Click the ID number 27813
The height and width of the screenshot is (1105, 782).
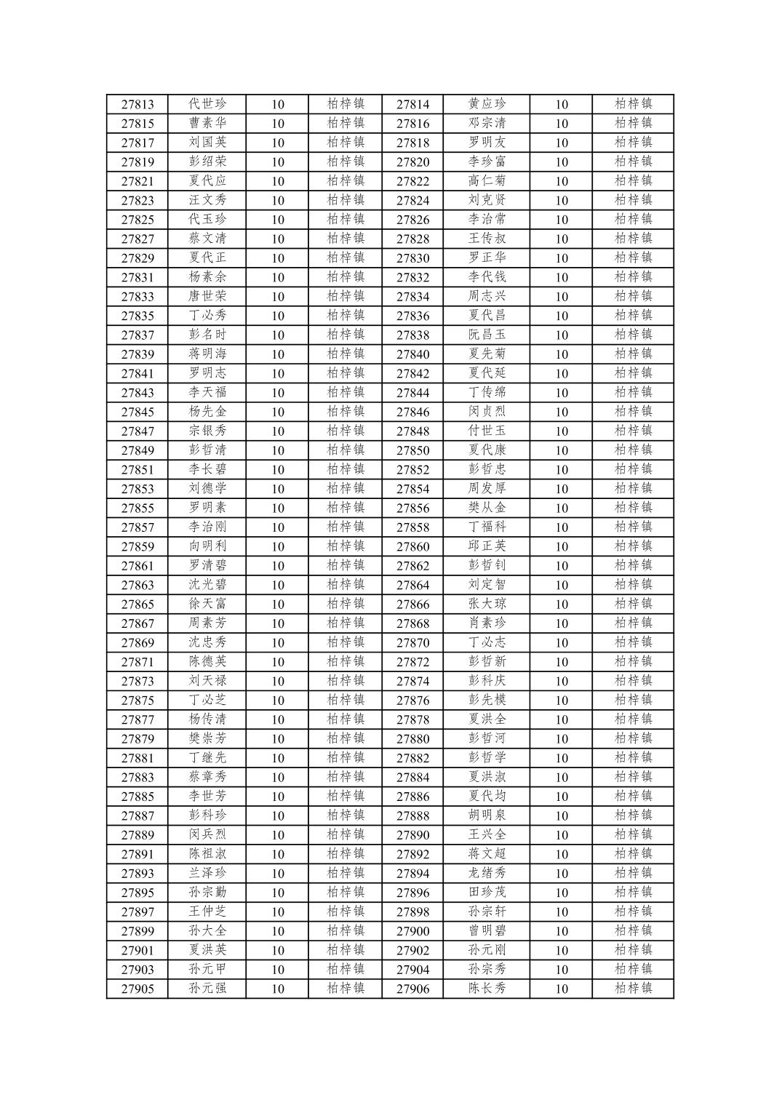tap(137, 104)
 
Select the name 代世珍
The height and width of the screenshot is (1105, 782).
tap(207, 104)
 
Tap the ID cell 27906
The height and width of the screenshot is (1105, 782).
tap(412, 989)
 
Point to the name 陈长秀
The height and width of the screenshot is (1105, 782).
tap(487, 988)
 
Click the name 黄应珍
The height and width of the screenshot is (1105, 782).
tap(487, 104)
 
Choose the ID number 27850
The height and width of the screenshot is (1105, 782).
tap(412, 450)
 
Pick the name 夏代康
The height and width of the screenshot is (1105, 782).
tap(487, 450)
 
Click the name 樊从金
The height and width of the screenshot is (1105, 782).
tap(487, 508)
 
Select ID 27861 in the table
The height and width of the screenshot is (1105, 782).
tap(137, 566)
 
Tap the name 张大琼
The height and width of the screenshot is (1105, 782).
tap(487, 604)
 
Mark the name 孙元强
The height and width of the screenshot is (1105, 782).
tap(207, 988)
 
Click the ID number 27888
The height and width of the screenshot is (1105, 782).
tap(412, 815)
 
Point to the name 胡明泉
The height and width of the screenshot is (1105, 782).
tap(487, 815)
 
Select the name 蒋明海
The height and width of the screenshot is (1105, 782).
tap(207, 354)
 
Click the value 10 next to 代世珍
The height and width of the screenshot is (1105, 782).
tap(278, 104)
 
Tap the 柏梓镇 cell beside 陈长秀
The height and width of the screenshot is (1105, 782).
tap(633, 988)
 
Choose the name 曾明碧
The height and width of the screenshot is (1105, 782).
tap(487, 930)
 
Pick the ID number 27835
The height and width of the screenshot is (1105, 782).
tap(137, 316)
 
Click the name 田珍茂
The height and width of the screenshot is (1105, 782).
tap(487, 892)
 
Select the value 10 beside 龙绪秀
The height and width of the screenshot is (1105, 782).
tap(562, 873)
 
